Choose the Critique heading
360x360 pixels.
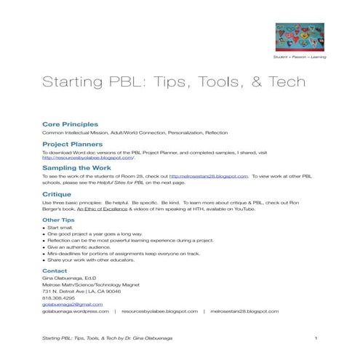click(x=57, y=195)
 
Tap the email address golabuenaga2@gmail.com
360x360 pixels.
click(x=70, y=304)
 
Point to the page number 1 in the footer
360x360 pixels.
click(x=316, y=340)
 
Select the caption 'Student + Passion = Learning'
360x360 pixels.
click(x=300, y=56)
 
